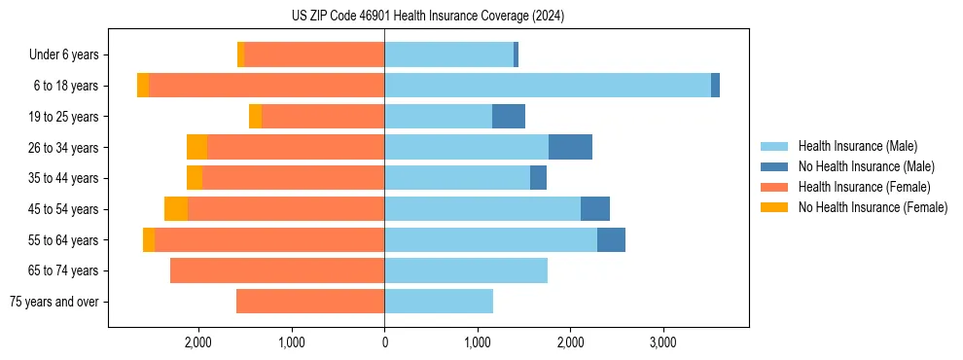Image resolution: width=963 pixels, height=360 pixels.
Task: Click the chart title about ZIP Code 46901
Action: pyautogui.click(x=428, y=16)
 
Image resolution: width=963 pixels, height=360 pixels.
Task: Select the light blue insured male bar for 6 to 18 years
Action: pyautogui.click(x=548, y=86)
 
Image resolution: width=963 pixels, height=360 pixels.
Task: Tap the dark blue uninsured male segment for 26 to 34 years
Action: pyautogui.click(x=570, y=147)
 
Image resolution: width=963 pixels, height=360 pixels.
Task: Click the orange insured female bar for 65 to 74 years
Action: pyautogui.click(x=277, y=270)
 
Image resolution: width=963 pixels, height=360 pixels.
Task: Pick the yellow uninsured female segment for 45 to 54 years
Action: pyautogui.click(x=176, y=209)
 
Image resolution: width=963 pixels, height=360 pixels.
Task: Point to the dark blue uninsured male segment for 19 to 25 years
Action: pyautogui.click(x=509, y=117)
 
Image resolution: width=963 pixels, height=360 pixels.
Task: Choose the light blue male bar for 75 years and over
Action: pyautogui.click(x=439, y=302)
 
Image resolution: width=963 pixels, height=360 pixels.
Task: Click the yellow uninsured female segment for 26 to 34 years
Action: pyautogui.click(x=196, y=147)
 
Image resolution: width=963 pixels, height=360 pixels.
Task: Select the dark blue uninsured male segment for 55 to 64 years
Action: pyautogui.click(x=611, y=240)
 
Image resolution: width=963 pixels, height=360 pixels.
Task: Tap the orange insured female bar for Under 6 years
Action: pyautogui.click(x=314, y=54)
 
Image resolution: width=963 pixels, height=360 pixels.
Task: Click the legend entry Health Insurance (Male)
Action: pyautogui.click(x=857, y=146)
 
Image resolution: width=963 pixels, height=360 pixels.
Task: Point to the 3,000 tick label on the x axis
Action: pyautogui.click(x=663, y=343)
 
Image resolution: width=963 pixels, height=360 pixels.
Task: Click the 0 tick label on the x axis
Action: pyautogui.click(x=384, y=343)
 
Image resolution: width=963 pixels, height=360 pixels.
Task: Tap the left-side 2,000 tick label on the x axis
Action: pyautogui.click(x=198, y=343)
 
